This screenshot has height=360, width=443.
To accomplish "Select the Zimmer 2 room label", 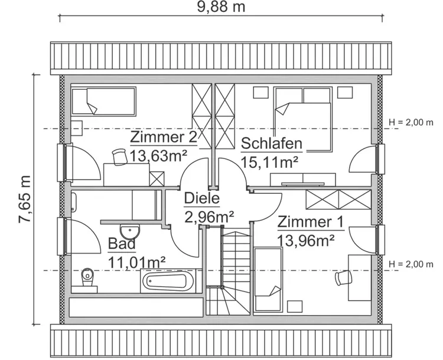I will coord(164,138).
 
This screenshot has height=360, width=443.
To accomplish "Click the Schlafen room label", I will coord(272,144).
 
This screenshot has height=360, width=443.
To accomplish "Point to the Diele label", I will coord(201,198).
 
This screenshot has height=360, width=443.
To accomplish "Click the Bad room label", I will coord(122,244).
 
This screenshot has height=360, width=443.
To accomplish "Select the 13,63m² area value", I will coord(159,155).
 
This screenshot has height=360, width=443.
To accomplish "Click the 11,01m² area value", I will coord(136,261).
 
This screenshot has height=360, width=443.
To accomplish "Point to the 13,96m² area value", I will coord(306,240).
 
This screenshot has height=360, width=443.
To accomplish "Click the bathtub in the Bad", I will coord(168,281).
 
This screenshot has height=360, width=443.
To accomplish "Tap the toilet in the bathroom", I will coord(87,277).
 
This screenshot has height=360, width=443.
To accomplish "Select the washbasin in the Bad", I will coord(128,229).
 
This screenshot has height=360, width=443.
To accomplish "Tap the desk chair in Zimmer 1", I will coord(341,278).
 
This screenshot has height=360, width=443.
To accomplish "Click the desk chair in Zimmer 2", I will coord(119,155).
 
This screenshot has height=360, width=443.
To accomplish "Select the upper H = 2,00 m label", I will coord(411,122).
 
